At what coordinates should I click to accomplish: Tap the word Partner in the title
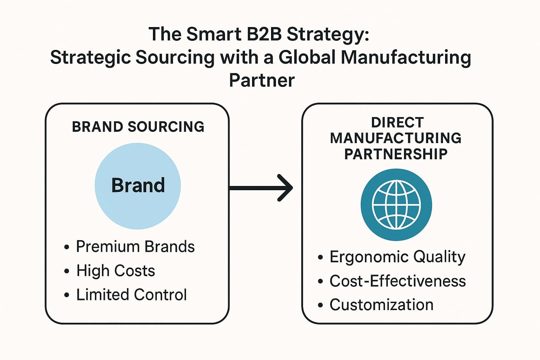(262, 81)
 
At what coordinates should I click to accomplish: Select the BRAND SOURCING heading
(138, 127)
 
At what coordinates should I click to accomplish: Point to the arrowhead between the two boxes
(285, 188)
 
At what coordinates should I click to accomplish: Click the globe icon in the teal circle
(396, 205)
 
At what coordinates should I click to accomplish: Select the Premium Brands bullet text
(135, 247)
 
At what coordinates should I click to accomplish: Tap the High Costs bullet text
(116, 271)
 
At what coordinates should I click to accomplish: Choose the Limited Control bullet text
(131, 295)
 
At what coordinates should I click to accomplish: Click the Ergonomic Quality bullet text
(397, 257)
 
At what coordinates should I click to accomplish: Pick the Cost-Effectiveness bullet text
(398, 281)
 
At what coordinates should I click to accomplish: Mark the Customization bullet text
(381, 305)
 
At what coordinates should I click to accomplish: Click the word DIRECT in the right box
(397, 123)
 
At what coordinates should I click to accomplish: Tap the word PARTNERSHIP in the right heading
(396, 154)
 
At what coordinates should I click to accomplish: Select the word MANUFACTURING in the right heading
(396, 138)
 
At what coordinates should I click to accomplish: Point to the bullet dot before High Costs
(67, 271)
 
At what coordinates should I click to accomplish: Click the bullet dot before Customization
(320, 305)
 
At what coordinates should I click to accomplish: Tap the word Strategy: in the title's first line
(328, 34)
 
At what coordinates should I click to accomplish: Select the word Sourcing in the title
(175, 57)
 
